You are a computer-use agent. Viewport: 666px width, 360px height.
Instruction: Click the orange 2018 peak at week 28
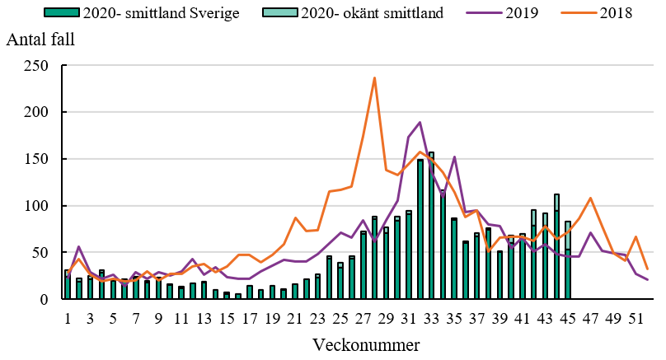[x=374, y=78]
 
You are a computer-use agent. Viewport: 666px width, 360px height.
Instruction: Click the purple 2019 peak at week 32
[x=420, y=123]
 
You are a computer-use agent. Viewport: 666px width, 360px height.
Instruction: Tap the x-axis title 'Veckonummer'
[x=355, y=344]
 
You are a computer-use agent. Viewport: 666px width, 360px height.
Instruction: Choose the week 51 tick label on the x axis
[x=636, y=318]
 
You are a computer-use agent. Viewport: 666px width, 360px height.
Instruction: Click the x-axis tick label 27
[x=363, y=318]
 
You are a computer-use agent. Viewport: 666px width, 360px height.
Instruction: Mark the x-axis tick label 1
[x=68, y=318]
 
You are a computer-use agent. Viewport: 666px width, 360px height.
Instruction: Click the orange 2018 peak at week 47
[x=590, y=198]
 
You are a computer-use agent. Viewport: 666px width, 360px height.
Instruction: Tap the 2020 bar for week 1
[x=68, y=285]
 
